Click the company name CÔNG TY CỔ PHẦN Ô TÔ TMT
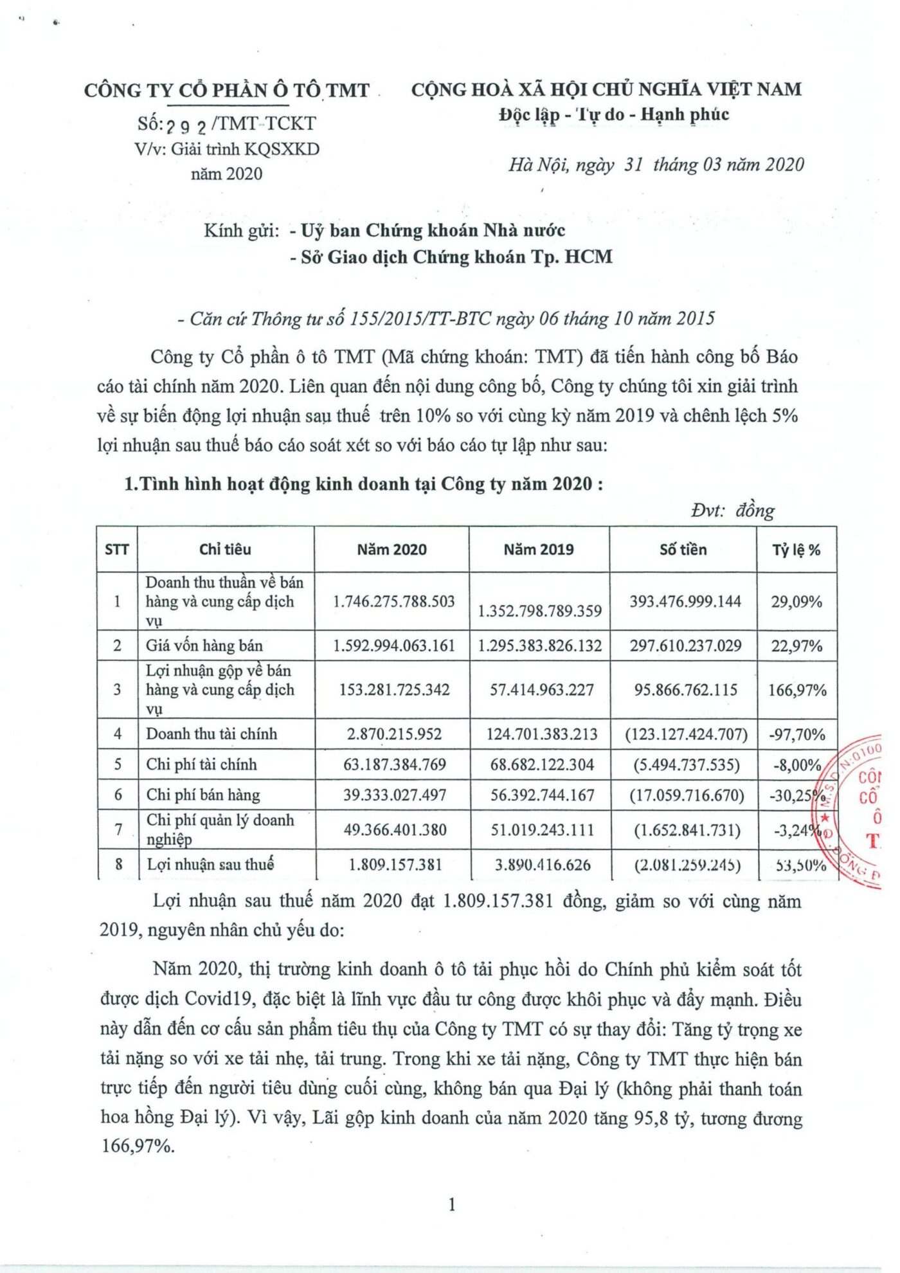click(x=226, y=90)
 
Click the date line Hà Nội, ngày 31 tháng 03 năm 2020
click(x=656, y=165)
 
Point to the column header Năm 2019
click(x=538, y=550)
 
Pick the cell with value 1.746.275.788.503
click(x=393, y=602)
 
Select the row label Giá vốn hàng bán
click(x=204, y=646)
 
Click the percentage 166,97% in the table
click(x=797, y=691)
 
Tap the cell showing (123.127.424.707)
click(x=686, y=734)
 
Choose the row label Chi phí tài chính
click(x=201, y=764)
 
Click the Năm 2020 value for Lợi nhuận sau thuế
click(x=395, y=865)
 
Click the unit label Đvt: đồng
click(x=732, y=511)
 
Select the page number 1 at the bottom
click(x=452, y=1204)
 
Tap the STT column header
click(x=116, y=550)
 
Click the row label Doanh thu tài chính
click(x=212, y=734)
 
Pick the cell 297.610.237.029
click(x=685, y=646)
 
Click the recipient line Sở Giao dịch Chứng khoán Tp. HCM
click(x=456, y=257)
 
